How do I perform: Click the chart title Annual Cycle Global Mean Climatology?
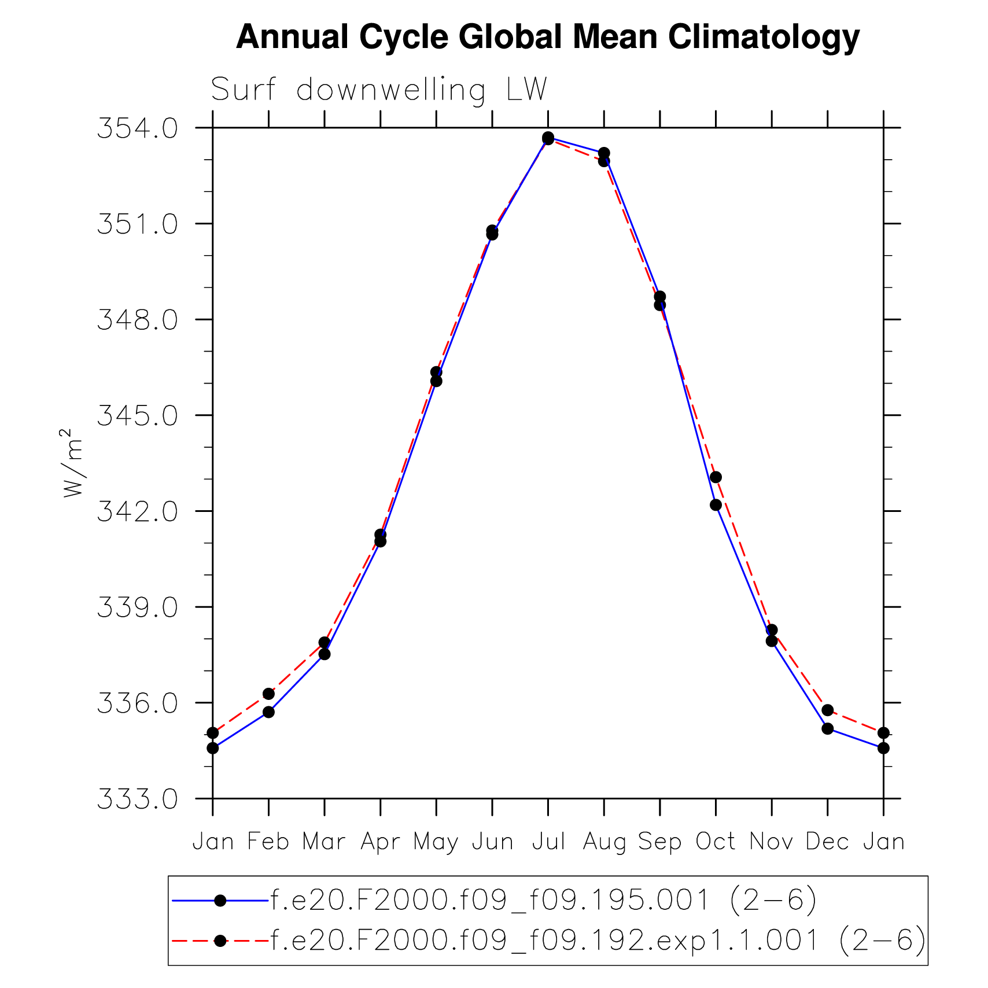pos(547,38)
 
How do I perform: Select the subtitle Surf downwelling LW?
pos(378,90)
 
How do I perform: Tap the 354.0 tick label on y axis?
pos(138,128)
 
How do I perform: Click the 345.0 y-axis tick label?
pos(138,415)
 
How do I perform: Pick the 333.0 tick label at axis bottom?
pos(138,799)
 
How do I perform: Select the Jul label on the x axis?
pos(548,842)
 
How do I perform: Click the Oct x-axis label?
pos(716,842)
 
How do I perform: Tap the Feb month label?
pos(268,842)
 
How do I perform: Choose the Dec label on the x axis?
pos(827,842)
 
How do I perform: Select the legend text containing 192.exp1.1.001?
pos(598,941)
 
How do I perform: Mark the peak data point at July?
pos(548,138)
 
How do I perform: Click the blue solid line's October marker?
pos(716,505)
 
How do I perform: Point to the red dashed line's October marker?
pos(716,477)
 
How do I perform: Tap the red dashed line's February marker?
pos(268,694)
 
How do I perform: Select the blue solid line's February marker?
pos(268,712)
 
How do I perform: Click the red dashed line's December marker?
pos(827,710)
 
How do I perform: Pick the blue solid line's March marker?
pos(325,654)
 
